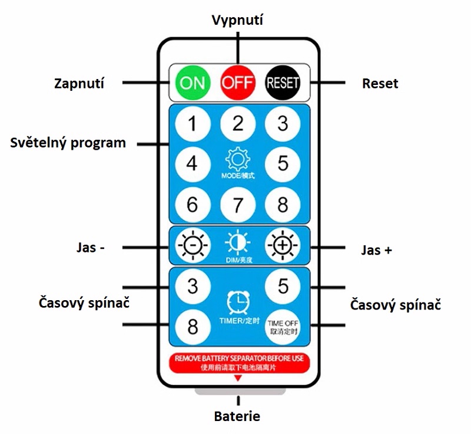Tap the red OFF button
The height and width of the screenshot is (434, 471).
237,83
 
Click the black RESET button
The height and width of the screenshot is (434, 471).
283,83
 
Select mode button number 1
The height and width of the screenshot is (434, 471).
192,124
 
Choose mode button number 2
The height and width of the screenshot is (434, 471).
237,124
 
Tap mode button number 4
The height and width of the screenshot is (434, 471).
192,163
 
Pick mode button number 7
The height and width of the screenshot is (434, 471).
237,205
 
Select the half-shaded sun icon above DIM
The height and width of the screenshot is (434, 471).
237,242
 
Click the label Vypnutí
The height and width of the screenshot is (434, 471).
237,20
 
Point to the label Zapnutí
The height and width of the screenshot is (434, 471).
79,83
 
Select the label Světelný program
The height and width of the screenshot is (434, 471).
68,143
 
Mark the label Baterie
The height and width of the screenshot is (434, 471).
237,416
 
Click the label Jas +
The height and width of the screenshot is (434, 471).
376,249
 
